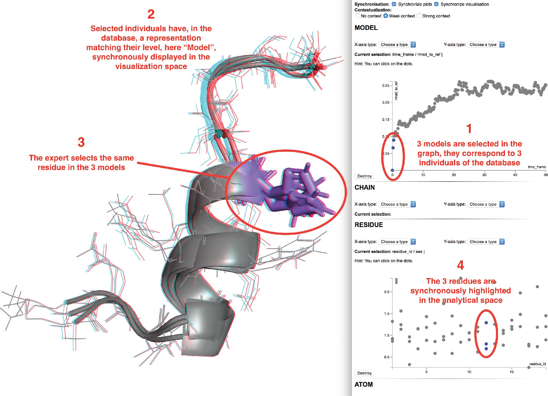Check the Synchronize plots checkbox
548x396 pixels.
(394, 4)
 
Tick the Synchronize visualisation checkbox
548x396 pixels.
(436, 4)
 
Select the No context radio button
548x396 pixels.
(358, 16)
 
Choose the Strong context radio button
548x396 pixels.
(419, 16)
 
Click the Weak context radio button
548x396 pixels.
(386, 16)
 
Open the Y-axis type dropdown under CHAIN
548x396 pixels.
(486, 204)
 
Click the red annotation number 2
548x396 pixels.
(151, 14)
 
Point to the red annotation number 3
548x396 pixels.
(81, 142)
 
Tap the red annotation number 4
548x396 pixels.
(460, 265)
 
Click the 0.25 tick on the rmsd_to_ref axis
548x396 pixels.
(385, 86)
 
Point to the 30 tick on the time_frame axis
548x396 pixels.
(484, 175)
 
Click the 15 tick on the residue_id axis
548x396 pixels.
(512, 372)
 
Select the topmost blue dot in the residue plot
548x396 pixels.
(486, 323)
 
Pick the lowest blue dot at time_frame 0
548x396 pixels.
(393, 170)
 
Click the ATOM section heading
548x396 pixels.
(364, 384)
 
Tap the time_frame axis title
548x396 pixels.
(537, 167)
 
